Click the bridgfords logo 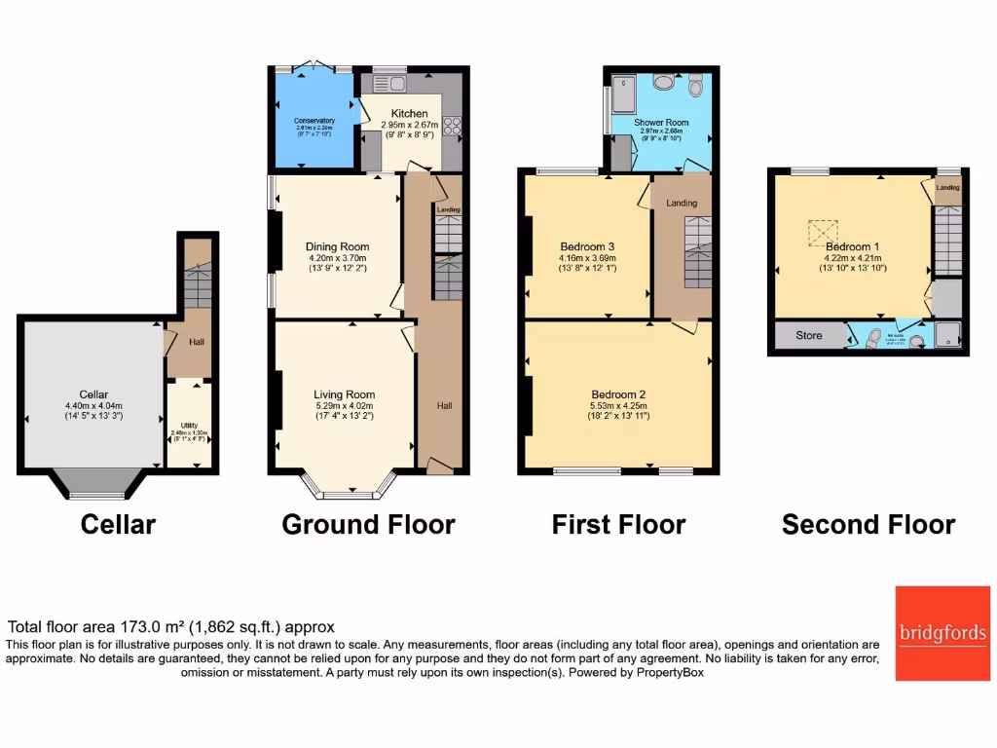point(942,633)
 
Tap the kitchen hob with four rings point(452,126)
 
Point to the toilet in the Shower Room point(694,88)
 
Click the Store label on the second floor point(808,336)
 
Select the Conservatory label point(315,121)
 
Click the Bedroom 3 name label point(587,246)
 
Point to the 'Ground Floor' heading point(368,525)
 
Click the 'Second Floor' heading point(868,525)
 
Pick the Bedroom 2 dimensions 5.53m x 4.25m point(619,406)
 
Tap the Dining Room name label point(337,247)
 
